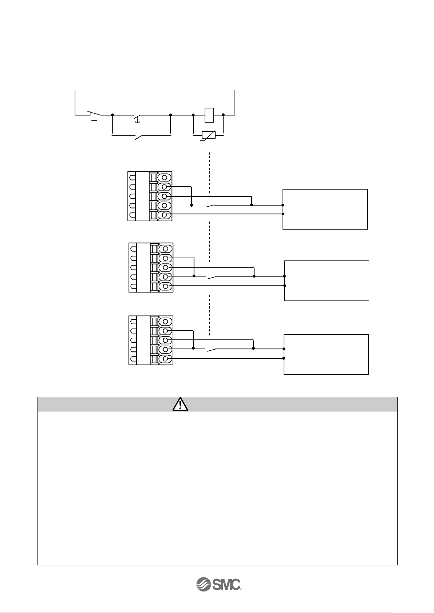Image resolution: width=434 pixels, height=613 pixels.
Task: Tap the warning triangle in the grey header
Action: (181, 404)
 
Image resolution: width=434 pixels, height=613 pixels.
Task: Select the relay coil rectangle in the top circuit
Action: (209, 115)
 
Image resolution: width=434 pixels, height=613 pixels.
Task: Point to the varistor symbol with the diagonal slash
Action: (209, 135)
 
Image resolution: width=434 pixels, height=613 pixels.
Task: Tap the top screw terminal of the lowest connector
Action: (166, 322)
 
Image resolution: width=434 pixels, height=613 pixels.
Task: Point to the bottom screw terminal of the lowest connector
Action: (166, 359)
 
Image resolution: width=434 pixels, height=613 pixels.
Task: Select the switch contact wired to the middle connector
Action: (212, 277)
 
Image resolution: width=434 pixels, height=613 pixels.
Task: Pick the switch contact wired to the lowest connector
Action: (211, 350)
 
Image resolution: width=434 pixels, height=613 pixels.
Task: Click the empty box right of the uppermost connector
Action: (325, 209)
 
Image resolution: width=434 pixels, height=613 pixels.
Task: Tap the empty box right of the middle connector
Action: (326, 280)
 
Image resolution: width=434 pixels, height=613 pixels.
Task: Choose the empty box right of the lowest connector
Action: (326, 354)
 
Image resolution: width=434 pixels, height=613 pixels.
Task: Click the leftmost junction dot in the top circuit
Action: (112, 115)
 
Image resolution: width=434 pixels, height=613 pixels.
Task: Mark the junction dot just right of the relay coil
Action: (223, 115)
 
